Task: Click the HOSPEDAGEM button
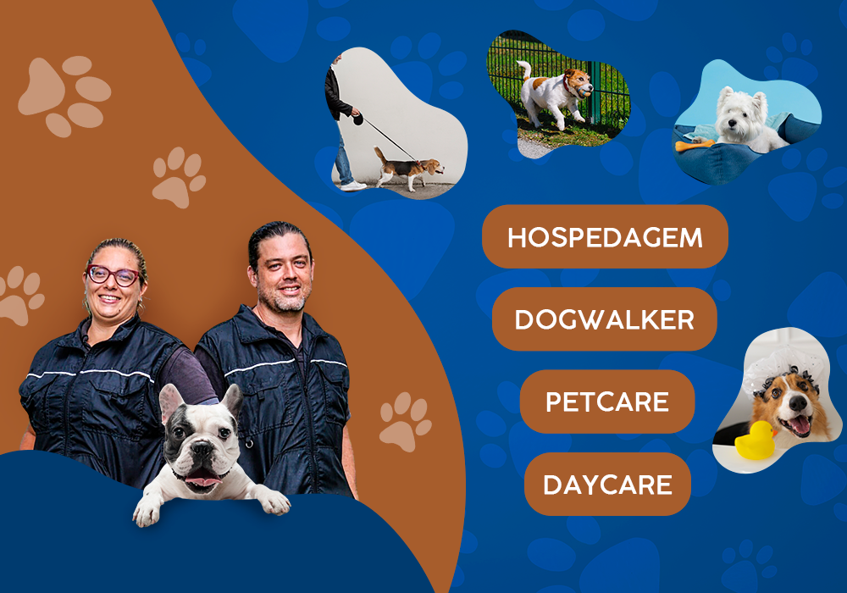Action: pos(605,236)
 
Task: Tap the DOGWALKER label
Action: pos(605,319)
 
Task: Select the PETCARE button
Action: pos(607,402)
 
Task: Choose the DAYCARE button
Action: pos(607,484)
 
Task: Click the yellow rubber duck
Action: pos(756,441)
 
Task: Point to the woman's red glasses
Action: pos(113,275)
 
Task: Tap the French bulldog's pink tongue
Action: pos(202,478)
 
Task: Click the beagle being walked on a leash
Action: pos(408,169)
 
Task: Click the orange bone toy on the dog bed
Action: pos(694,145)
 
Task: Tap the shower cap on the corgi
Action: pos(783,368)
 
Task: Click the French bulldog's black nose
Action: pos(202,448)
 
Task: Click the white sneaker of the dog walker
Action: pos(352,186)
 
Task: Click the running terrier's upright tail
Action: pos(524,69)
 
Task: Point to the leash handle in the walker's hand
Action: pos(357,119)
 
